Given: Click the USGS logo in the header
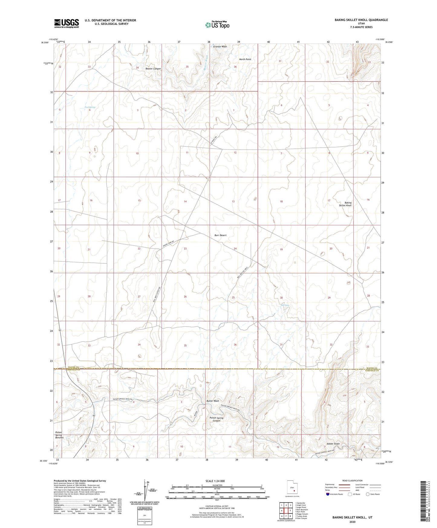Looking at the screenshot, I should click(67, 23).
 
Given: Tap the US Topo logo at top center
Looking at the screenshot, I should click(217, 24).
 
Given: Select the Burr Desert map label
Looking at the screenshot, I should click(220, 235).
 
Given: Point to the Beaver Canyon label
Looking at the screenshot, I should click(153, 69).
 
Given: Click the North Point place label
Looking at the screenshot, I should click(245, 59).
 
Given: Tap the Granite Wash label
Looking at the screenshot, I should click(220, 47).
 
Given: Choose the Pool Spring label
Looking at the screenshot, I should click(90, 107).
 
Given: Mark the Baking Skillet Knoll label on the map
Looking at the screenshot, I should click(345, 204).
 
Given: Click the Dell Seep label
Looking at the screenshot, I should click(285, 305).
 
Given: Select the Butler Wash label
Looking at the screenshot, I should click(213, 401).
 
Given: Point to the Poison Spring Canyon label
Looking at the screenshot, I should click(217, 419).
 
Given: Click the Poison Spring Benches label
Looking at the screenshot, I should click(59, 435).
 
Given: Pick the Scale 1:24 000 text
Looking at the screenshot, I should click(215, 481).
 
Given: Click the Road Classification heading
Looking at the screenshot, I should click(352, 481).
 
